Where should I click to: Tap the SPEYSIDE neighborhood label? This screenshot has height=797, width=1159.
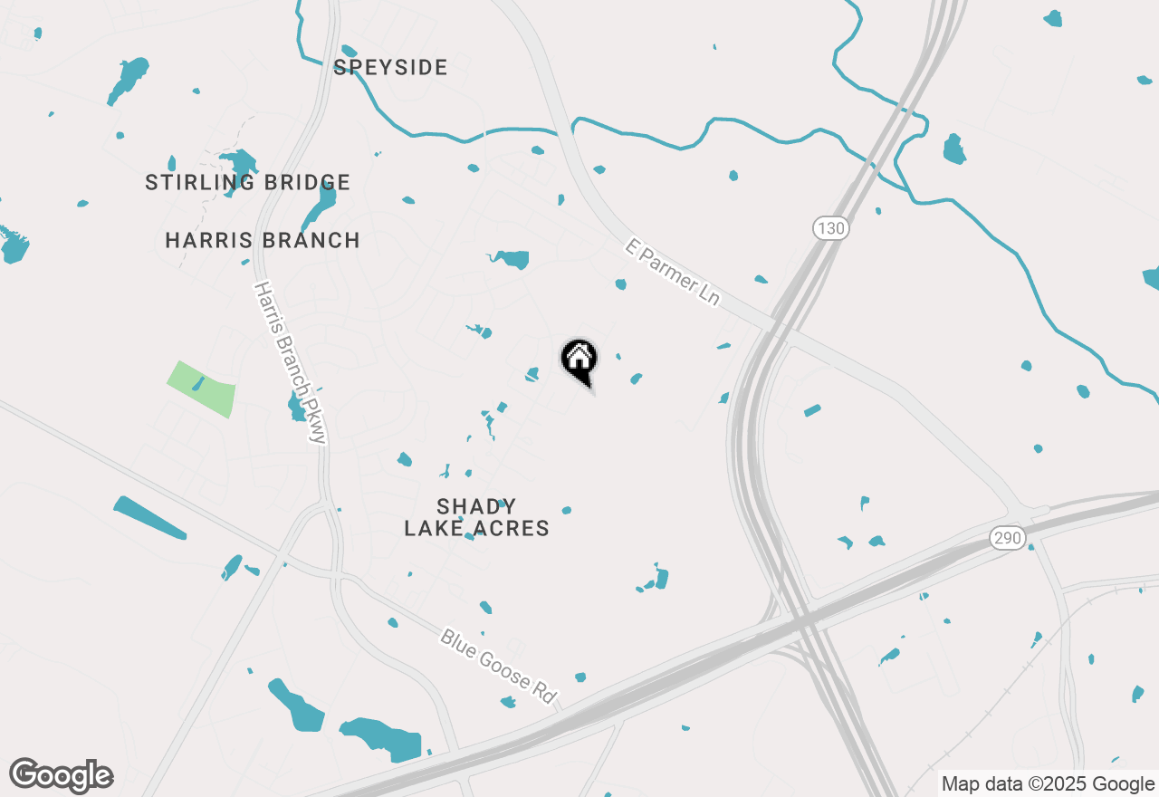[x=390, y=67]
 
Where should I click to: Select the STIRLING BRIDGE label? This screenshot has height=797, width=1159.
[x=247, y=183]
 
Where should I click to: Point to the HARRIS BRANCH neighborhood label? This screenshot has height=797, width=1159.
[x=263, y=240]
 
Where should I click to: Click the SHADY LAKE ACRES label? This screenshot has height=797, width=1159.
[x=476, y=517]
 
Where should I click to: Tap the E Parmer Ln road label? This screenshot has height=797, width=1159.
[x=673, y=272]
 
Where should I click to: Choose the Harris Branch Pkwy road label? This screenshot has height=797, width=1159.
[x=289, y=362]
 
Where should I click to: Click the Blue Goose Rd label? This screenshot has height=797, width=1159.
[x=497, y=666]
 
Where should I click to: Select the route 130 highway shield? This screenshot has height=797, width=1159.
[x=829, y=228]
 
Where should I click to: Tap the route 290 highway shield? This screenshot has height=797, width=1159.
[x=1006, y=539]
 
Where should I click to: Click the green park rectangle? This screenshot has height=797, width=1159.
[x=201, y=389]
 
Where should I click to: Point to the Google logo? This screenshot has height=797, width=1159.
[x=61, y=775]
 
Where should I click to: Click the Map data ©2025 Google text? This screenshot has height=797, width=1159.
[x=1048, y=783]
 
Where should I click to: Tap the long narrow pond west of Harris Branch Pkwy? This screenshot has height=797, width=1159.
[x=149, y=518]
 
